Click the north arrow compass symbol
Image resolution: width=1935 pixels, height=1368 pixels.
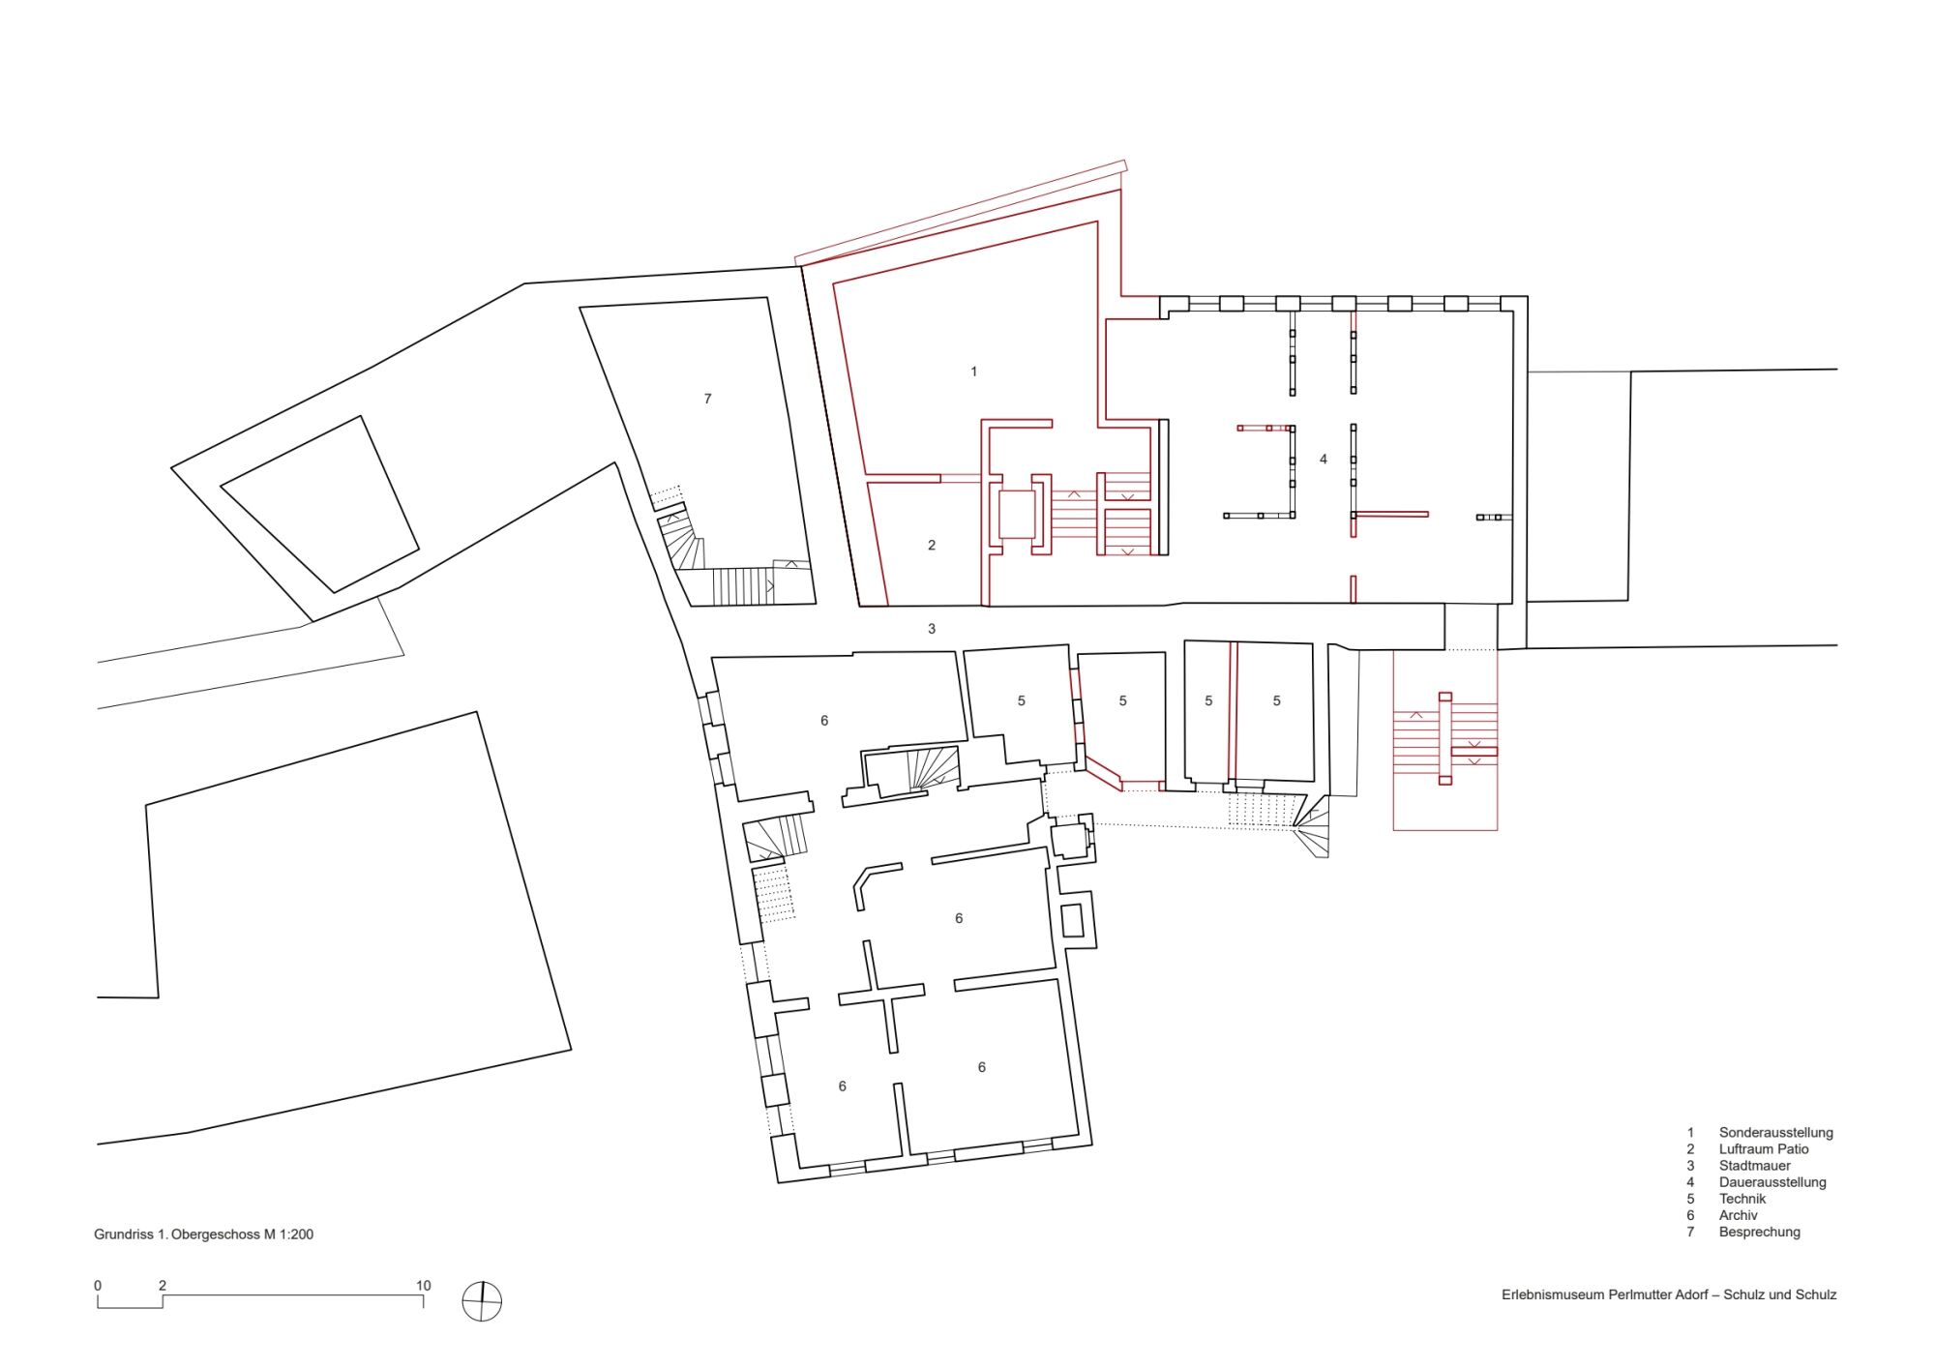click(482, 1301)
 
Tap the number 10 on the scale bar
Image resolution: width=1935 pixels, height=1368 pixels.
click(424, 1286)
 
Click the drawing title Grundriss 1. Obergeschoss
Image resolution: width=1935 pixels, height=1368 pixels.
click(177, 1234)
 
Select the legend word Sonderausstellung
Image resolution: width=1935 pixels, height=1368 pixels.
click(1776, 1133)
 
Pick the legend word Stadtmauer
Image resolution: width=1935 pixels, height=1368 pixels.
click(1755, 1166)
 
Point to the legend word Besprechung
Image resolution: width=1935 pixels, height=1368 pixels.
click(1760, 1233)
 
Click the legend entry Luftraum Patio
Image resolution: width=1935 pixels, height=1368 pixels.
click(1764, 1149)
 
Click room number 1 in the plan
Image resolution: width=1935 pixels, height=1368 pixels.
click(974, 372)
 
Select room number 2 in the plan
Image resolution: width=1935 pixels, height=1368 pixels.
click(932, 546)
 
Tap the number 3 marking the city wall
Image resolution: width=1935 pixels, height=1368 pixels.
click(932, 629)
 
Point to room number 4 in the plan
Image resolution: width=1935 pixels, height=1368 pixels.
click(1324, 460)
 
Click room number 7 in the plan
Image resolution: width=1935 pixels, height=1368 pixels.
click(708, 399)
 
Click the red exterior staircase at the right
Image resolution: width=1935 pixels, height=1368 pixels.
click(1445, 740)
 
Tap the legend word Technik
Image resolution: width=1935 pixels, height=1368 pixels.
click(1742, 1199)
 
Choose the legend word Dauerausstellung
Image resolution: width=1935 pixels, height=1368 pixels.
click(1772, 1182)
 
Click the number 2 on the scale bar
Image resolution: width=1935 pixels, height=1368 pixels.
click(163, 1286)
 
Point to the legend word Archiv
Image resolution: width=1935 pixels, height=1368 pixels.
click(1739, 1215)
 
